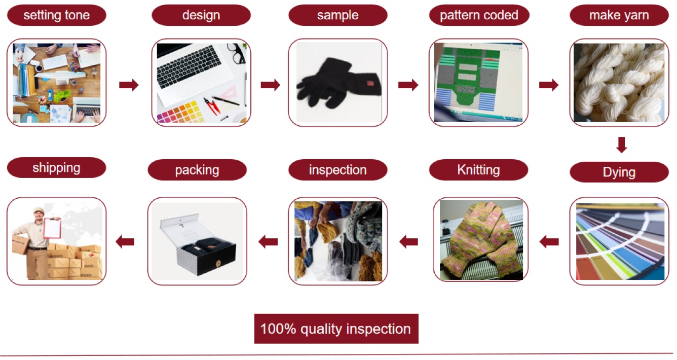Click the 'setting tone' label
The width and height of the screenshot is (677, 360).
56,15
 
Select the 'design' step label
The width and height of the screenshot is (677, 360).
201,15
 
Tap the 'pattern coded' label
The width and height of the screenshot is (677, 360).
479,15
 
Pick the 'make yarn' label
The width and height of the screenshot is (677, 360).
619,15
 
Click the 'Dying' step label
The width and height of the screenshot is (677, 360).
619,172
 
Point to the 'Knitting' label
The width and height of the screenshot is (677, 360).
478,169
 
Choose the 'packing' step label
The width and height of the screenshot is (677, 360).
197,169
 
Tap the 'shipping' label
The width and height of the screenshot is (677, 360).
56,167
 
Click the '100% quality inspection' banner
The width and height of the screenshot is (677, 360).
335,329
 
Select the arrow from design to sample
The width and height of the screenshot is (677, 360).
270,85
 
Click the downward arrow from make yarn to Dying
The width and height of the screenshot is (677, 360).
622,145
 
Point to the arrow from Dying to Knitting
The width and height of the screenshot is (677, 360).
549,242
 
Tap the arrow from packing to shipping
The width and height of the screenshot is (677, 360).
125,242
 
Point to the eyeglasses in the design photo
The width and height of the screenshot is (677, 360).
236,53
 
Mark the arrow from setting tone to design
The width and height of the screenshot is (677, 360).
129,85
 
